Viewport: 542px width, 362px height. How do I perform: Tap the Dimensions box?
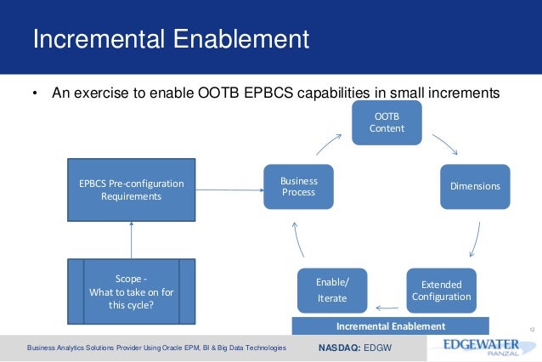click(x=475, y=185)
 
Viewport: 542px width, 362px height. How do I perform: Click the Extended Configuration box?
click(x=440, y=291)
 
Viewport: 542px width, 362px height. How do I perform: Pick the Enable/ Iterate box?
click(x=332, y=291)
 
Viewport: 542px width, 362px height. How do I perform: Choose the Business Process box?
click(x=297, y=186)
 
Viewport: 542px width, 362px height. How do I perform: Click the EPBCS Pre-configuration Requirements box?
click(x=131, y=189)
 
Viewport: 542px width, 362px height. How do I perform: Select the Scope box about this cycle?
click(x=132, y=292)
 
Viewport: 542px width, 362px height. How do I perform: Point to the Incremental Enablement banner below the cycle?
click(x=390, y=326)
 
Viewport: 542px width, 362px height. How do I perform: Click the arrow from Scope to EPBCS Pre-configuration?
click(x=132, y=239)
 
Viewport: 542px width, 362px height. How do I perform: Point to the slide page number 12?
click(x=532, y=325)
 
